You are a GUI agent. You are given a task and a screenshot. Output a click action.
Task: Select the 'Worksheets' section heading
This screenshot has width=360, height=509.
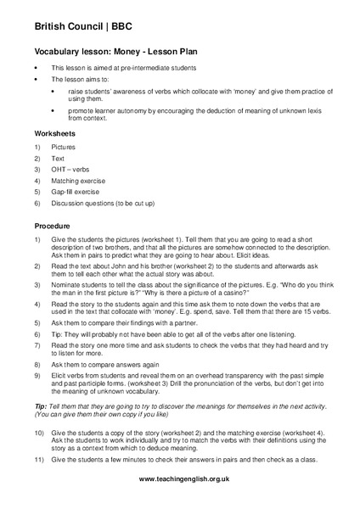pyautogui.click(x=55, y=133)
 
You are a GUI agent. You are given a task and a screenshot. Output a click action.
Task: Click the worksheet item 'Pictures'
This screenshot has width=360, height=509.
pyautogui.click(x=64, y=146)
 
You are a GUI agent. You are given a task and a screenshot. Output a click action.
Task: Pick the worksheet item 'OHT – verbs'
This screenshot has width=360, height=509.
pyautogui.click(x=70, y=169)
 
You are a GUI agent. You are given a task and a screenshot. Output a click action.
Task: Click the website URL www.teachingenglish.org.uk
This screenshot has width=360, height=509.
pyautogui.click(x=180, y=479)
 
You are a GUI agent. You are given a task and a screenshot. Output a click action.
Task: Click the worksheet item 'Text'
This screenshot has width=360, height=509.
pyautogui.click(x=59, y=157)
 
